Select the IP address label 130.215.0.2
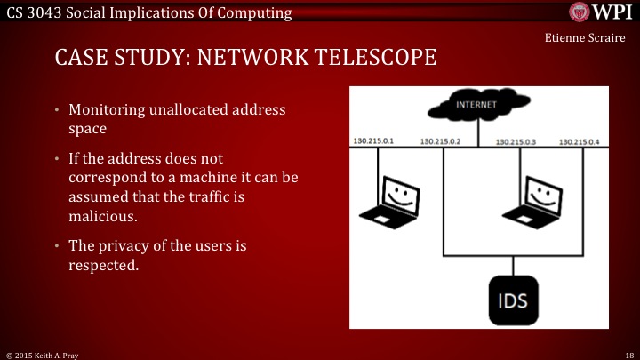(x=440, y=141)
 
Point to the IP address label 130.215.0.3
(x=516, y=141)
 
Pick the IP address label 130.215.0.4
(x=580, y=141)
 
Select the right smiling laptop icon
(x=534, y=200)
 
